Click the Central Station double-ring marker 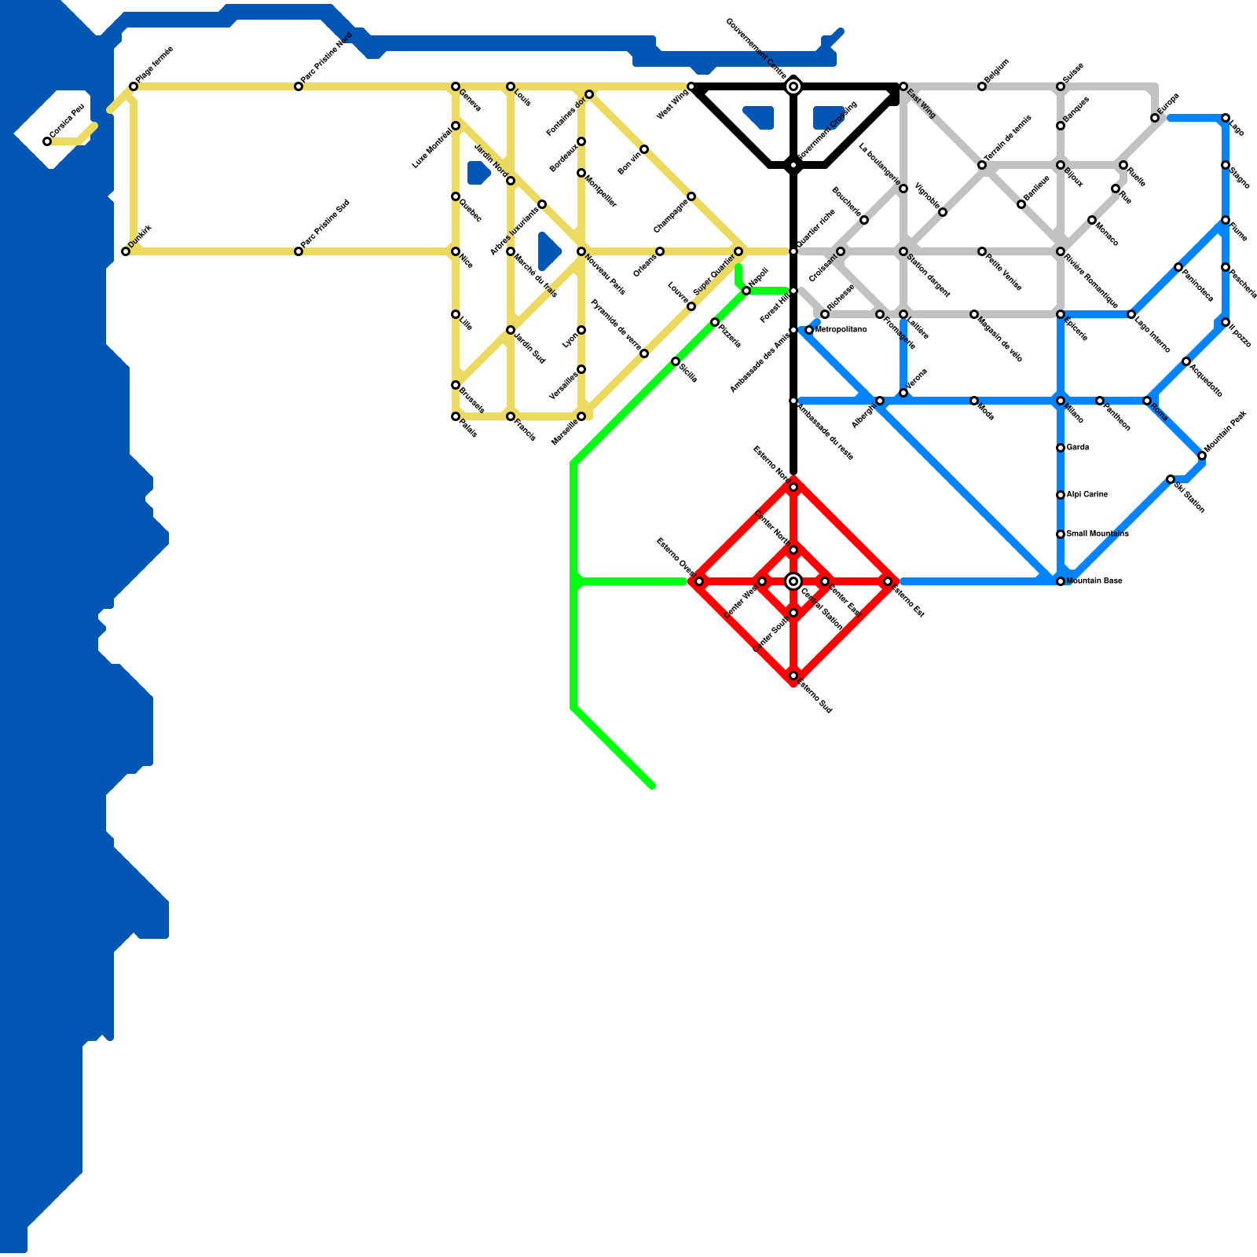793,581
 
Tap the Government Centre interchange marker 793,86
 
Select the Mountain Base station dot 1061,581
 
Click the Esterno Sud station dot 793,676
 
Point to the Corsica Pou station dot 47,141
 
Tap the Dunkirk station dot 126,251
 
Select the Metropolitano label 841,330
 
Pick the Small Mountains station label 1098,534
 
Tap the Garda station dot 1061,448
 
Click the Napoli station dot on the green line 746,291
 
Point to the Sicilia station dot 676,361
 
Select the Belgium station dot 982,86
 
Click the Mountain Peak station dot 1202,456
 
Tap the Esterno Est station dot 888,581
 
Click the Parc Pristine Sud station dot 299,251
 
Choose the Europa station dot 1155,118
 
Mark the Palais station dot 456,416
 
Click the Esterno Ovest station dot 699,581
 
